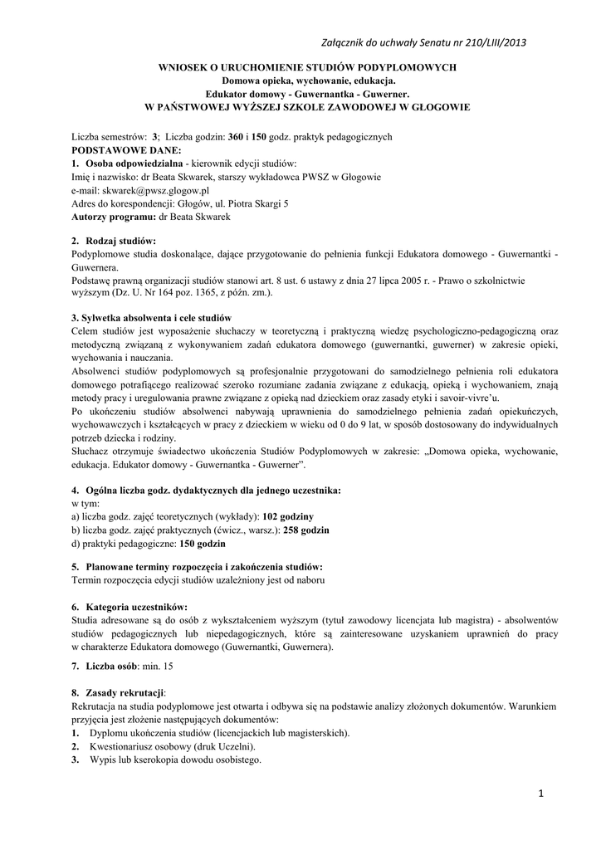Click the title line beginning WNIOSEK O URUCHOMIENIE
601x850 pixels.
[306, 68]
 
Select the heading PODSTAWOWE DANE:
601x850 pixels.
[125, 150]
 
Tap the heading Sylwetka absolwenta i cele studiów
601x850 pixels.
[154, 318]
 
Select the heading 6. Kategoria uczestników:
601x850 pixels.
[129, 607]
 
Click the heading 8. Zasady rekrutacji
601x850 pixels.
[119, 692]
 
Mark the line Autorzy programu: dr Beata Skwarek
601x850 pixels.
[151, 217]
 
